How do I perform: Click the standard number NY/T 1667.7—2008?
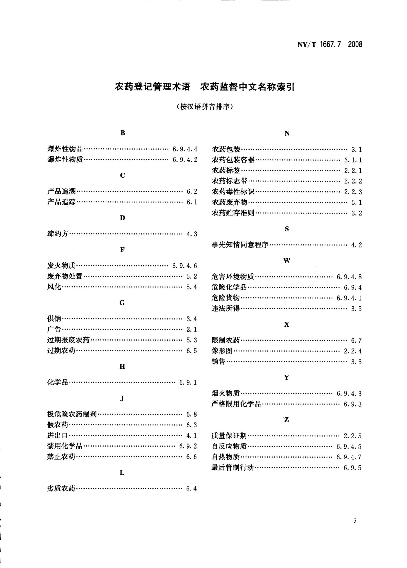pyautogui.click(x=330, y=44)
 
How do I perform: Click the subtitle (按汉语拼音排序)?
pyautogui.click(x=205, y=107)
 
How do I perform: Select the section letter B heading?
pyautogui.click(x=123, y=133)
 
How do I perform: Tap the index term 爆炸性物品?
pyautogui.click(x=65, y=149)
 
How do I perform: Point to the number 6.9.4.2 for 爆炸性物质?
pyautogui.click(x=185, y=160)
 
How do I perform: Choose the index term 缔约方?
pyautogui.click(x=58, y=234)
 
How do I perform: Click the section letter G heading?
pyautogui.click(x=122, y=303)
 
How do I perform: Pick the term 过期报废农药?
pyautogui.click(x=69, y=340)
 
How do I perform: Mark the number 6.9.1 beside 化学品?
pyautogui.click(x=188, y=383)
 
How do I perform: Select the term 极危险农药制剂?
pyautogui.click(x=72, y=414)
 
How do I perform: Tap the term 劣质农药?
pyautogui.click(x=61, y=488)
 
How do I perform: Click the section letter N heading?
pyautogui.click(x=287, y=133)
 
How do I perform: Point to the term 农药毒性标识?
pyautogui.click(x=233, y=192)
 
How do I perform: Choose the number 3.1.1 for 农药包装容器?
pyautogui.click(x=353, y=160)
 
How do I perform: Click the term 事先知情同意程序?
pyautogui.click(x=240, y=245)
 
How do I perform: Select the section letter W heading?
pyautogui.click(x=287, y=261)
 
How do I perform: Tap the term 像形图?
pyautogui.click(x=222, y=351)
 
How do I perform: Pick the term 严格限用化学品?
pyautogui.click(x=236, y=404)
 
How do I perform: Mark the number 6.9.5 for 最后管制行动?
pyautogui.click(x=353, y=468)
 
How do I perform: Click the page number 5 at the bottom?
pyautogui.click(x=355, y=521)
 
